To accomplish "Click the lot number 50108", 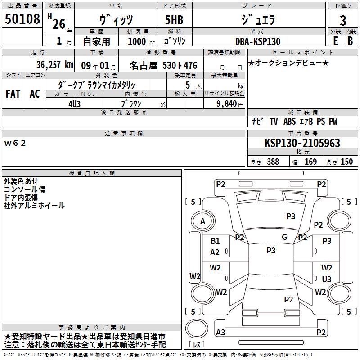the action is tap(22, 19).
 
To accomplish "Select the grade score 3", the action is tap(343, 21).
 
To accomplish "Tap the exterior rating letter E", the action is tap(336, 41).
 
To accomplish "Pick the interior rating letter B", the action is tap(350, 41).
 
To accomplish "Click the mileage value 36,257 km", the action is tap(55, 65).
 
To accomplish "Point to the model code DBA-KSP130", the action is tap(258, 41).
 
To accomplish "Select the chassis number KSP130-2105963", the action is tap(302, 143).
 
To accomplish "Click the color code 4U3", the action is tap(75, 104).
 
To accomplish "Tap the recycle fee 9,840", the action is tap(227, 104).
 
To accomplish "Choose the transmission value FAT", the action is tap(13, 94).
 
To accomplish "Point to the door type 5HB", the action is tap(174, 20).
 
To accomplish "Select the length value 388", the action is tap(273, 162).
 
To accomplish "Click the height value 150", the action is tap(346, 162).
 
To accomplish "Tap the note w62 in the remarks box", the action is tap(15, 143).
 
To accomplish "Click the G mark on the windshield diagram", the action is tap(284, 237).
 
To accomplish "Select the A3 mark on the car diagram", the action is tap(220, 332).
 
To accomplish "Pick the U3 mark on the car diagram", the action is tap(327, 279).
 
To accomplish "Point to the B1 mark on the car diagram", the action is tap(216, 241).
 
